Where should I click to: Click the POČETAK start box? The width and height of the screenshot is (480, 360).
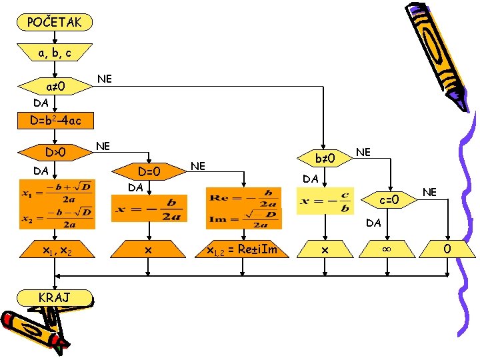[x=55, y=23]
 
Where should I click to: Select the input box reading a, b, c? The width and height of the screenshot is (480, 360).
[x=55, y=53]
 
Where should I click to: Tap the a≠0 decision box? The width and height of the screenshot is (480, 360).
[x=55, y=87]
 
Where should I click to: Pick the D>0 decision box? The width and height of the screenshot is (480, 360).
[x=55, y=153]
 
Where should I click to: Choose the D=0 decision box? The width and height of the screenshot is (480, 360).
[x=148, y=172]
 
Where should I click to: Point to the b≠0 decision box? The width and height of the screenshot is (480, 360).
[x=323, y=159]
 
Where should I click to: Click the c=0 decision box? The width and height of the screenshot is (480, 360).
[x=389, y=200]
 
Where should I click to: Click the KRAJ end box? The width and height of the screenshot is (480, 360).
[x=55, y=297]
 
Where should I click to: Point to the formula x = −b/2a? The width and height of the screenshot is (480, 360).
[x=148, y=208]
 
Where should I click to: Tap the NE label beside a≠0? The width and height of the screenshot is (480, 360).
[x=104, y=79]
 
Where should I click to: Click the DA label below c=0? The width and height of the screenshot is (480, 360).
[x=373, y=223]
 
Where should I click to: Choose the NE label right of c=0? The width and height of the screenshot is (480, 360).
[x=429, y=193]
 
